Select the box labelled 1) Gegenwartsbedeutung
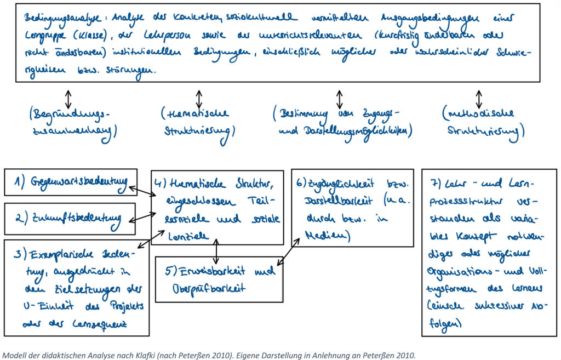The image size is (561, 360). (70, 182)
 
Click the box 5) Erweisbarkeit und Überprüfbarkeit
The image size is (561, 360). (219, 279)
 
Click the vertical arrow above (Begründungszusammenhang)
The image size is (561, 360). (68, 98)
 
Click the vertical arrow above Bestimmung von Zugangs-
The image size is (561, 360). (340, 99)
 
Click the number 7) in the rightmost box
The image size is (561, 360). (436, 181)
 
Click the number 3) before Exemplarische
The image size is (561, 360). (20, 254)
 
